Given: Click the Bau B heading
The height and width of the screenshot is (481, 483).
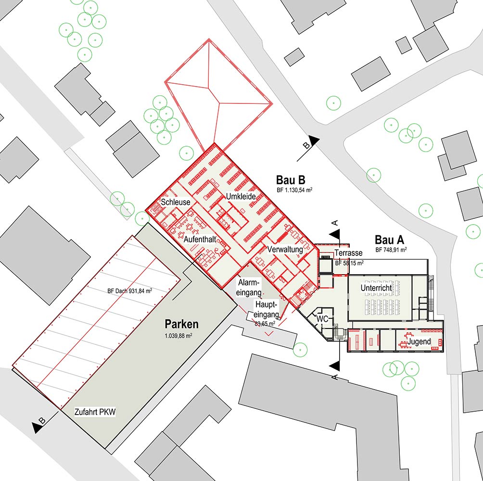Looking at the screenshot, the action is click(291, 180).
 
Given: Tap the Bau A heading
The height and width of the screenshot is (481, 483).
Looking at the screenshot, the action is click(389, 240).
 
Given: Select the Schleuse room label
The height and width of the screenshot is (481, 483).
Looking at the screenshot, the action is click(176, 202).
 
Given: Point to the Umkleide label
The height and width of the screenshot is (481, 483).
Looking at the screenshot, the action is click(241, 196).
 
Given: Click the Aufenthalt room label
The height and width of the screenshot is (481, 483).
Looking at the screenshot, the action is click(200, 239).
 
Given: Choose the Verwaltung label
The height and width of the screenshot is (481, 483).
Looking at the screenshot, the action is click(285, 249).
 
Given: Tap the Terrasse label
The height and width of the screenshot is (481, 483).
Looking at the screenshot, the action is click(348, 253).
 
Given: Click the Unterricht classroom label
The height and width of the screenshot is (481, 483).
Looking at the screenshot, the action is click(376, 288).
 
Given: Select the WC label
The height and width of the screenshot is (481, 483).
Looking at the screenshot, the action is click(322, 319).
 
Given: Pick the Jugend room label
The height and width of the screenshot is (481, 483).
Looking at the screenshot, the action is click(419, 341).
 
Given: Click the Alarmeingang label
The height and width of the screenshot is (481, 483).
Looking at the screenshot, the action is click(249, 287).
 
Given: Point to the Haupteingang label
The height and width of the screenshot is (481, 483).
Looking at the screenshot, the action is click(267, 309).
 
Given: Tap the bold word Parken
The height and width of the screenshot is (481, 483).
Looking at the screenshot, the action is click(181, 324).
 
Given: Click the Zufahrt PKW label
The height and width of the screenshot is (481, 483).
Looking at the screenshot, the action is click(95, 412).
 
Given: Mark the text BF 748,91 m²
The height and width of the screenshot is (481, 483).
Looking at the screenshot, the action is click(391, 250).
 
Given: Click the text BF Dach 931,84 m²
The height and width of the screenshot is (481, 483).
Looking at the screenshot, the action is click(130, 291).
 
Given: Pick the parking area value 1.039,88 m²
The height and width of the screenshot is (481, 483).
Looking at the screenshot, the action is click(178, 336).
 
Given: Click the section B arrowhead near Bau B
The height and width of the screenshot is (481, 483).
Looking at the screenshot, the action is click(314, 141).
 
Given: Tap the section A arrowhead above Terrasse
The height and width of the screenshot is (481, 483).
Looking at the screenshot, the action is click(335, 234).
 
